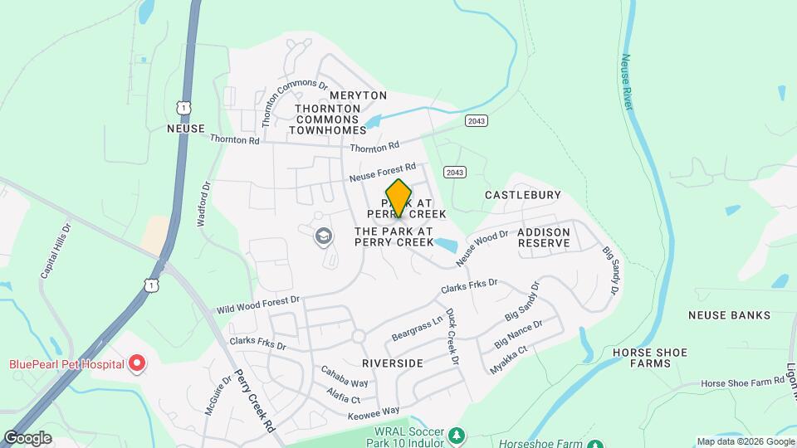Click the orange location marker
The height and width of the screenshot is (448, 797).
click(398, 198)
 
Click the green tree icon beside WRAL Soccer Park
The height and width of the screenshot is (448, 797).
click(456, 436)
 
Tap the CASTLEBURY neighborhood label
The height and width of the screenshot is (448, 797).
click(522, 195)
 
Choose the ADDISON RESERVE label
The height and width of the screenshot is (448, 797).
click(544, 237)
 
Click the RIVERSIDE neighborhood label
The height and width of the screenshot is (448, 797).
click(393, 363)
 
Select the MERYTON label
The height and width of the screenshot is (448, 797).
click(329, 96)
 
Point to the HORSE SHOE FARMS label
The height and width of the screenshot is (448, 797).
click(649, 358)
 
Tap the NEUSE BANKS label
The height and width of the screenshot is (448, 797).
click(729, 315)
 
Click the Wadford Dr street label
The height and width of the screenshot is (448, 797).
click(203, 205)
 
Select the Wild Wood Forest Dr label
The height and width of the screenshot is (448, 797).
click(257, 304)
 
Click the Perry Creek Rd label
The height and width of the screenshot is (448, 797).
click(254, 402)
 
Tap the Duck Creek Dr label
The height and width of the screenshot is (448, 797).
click(452, 338)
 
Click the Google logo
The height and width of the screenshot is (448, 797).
click(27, 437)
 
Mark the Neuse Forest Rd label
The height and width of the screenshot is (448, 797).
click(382, 173)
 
